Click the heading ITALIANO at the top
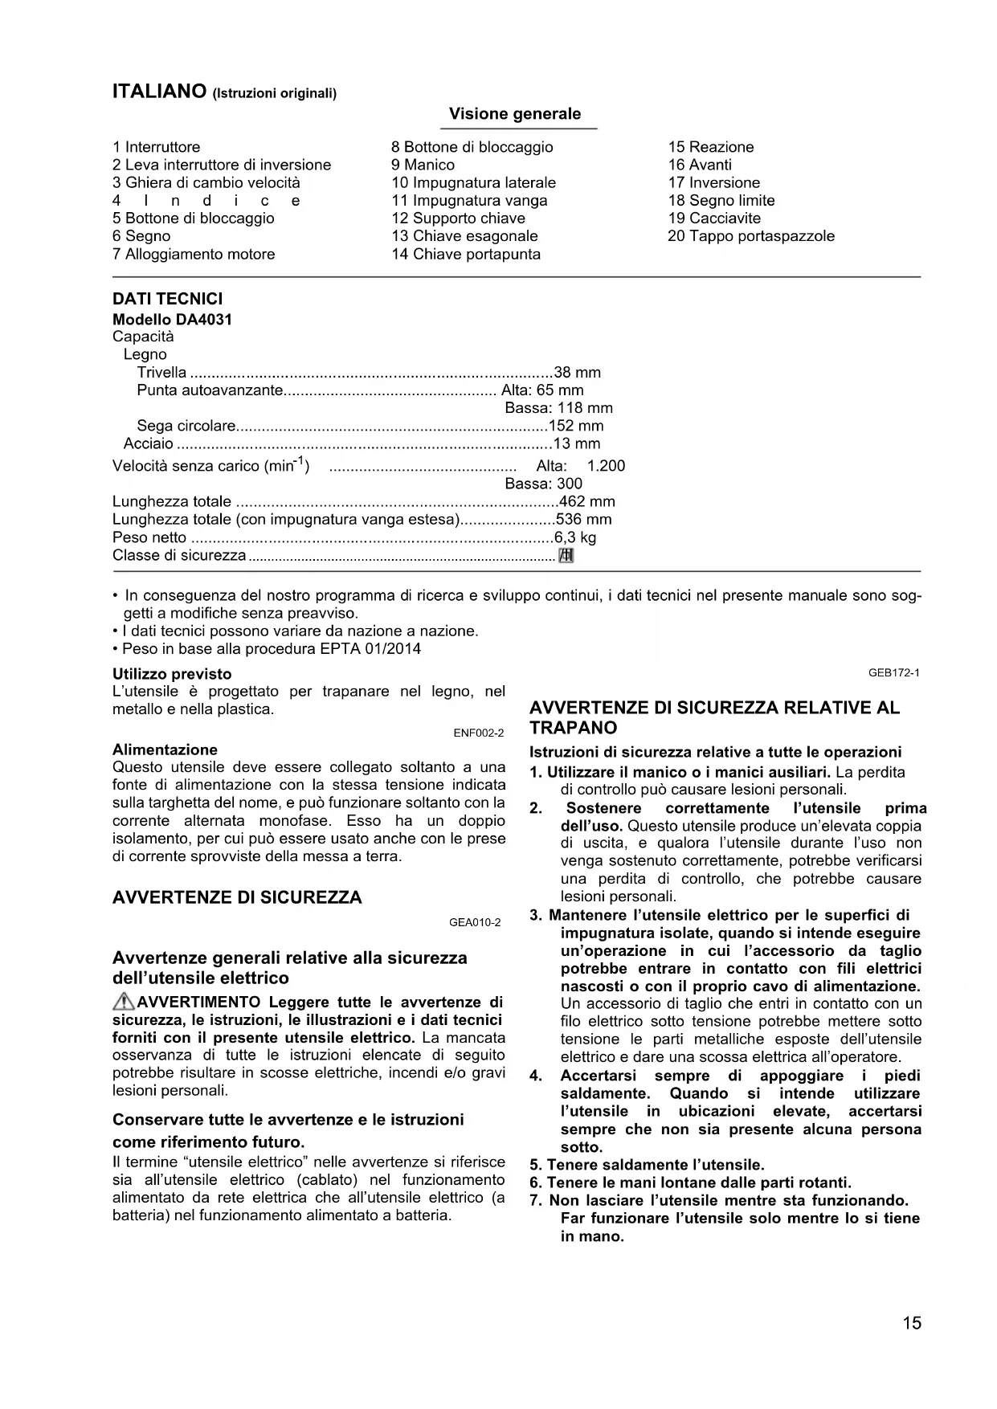pyautogui.click(x=160, y=92)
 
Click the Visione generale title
pyautogui.click(x=514, y=114)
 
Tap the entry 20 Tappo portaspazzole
pyautogui.click(x=751, y=236)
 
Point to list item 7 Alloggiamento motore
pyautogui.click(x=194, y=254)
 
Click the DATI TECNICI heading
pyautogui.click(x=167, y=299)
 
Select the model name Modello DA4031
pyautogui.click(x=172, y=319)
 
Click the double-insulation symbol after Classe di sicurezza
pyautogui.click(x=566, y=555)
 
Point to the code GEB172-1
pyautogui.click(x=893, y=672)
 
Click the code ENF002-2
pyautogui.click(x=479, y=733)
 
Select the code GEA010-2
pyautogui.click(x=475, y=922)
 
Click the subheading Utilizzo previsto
pyautogui.click(x=172, y=674)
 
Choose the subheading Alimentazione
pyautogui.click(x=165, y=749)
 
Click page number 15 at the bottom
pyautogui.click(x=911, y=1323)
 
